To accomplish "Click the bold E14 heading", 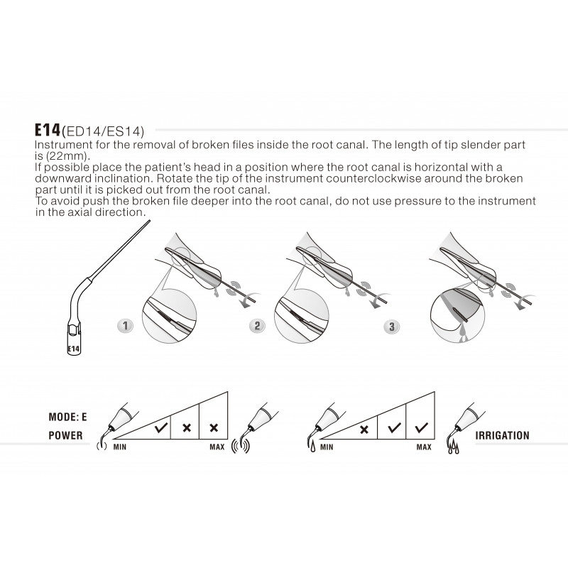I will click(48, 131).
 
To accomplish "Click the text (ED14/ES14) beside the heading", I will click(103, 131).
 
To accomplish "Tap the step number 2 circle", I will click(258, 327).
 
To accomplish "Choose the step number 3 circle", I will click(390, 327).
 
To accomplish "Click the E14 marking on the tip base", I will click(72, 349).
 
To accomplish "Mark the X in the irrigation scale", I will click(364, 429).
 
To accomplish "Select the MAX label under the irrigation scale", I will click(424, 448).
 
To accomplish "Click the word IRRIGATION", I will click(503, 435).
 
